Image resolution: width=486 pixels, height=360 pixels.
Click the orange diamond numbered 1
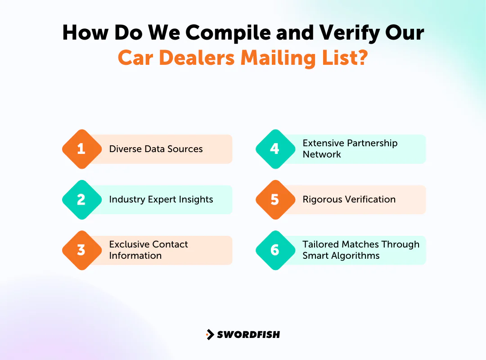pyautogui.click(x=81, y=149)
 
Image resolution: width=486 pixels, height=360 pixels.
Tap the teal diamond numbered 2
pyautogui.click(x=81, y=199)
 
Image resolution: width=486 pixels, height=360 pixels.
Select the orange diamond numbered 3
pyautogui.click(x=81, y=250)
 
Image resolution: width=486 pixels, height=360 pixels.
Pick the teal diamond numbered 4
pyautogui.click(x=275, y=149)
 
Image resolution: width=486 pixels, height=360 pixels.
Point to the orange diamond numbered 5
pyautogui.click(x=275, y=199)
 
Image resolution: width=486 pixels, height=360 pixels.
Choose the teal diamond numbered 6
pyautogui.click(x=275, y=250)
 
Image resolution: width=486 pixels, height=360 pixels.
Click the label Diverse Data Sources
pyautogui.click(x=156, y=149)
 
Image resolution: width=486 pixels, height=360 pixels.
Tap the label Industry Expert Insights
pyautogui.click(x=161, y=199)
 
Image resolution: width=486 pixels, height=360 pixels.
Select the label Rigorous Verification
pyautogui.click(x=349, y=199)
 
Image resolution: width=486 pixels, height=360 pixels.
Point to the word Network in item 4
pyautogui.click(x=322, y=154)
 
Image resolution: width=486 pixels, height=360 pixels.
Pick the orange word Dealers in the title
pyautogui.click(x=203, y=58)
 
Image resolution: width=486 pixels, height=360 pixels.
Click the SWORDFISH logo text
pyautogui.click(x=248, y=334)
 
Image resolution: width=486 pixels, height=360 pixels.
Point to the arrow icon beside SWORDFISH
pyautogui.click(x=210, y=334)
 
